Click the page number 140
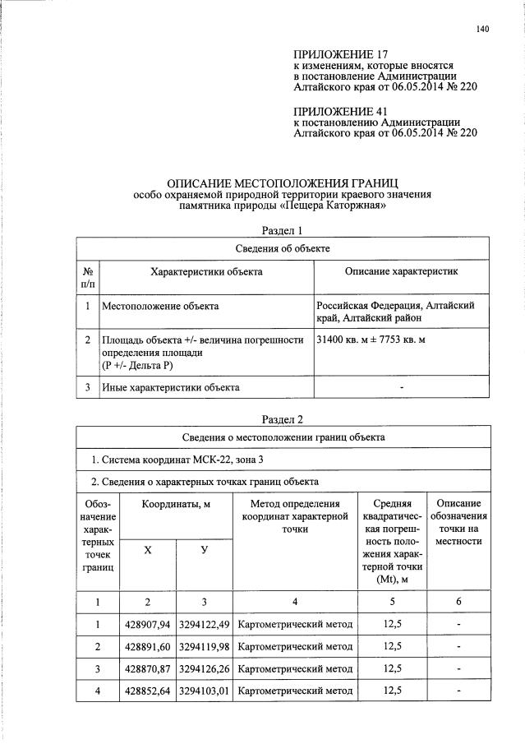[482, 30]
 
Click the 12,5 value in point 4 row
[393, 689]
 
